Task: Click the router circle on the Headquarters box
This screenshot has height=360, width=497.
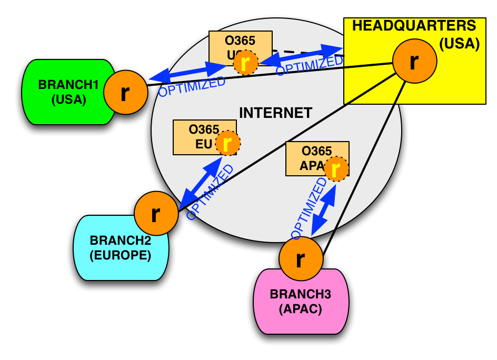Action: [x=414, y=61]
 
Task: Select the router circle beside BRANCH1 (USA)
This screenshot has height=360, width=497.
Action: [x=125, y=93]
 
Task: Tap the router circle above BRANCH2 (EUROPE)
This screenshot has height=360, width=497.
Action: [x=156, y=214]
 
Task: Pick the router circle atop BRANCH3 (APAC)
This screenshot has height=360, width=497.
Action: [x=301, y=259]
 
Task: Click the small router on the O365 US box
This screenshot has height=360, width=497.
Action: [x=245, y=63]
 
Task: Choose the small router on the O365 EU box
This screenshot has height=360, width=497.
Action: [x=227, y=143]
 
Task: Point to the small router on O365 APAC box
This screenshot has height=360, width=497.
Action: [x=336, y=169]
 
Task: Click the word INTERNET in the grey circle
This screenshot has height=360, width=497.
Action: [x=275, y=113]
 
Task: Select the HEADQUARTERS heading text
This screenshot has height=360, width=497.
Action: [x=414, y=26]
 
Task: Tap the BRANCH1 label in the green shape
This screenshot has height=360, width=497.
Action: [x=68, y=85]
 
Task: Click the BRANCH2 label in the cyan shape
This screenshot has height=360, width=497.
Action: [x=120, y=241]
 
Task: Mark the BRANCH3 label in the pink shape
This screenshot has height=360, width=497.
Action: [x=300, y=294]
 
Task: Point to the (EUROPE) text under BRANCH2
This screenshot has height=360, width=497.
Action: [x=120, y=256]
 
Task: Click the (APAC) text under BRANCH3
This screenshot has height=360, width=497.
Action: [x=300, y=309]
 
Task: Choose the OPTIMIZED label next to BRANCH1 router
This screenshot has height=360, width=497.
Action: [x=192, y=87]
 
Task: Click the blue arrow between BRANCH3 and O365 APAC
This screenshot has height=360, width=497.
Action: [x=323, y=210]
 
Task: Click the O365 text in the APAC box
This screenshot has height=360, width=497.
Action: [x=316, y=151]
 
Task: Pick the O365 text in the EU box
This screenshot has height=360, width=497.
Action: [x=204, y=129]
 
